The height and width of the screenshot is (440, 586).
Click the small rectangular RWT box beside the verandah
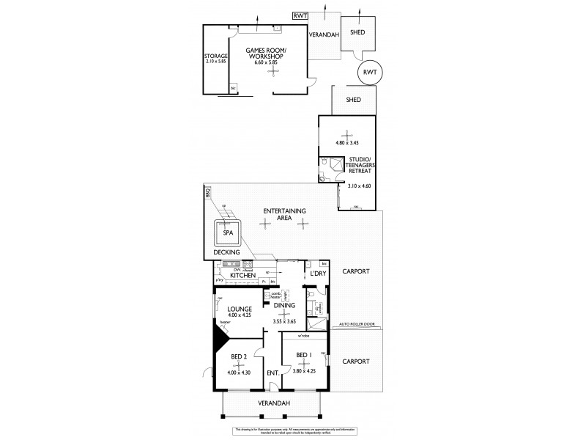[300, 15]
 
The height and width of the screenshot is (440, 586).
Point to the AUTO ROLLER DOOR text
[358, 323]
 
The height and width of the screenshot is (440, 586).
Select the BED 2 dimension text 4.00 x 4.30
[238, 373]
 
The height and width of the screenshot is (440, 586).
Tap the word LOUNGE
[240, 309]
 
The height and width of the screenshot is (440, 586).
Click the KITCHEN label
[243, 275]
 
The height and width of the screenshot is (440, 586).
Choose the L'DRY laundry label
[319, 274]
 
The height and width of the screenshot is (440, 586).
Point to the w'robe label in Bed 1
[303, 337]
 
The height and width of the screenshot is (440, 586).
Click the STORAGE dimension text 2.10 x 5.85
[217, 62]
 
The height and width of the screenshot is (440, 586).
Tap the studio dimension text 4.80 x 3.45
[347, 142]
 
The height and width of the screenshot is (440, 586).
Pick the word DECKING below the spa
[226, 252]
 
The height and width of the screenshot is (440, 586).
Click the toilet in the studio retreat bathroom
[322, 177]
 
